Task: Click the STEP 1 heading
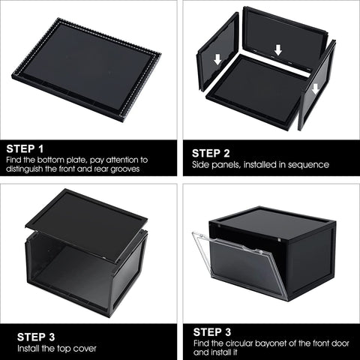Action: [25, 148]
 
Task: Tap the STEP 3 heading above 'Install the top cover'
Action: [25, 335]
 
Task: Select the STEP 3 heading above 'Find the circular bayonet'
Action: [213, 331]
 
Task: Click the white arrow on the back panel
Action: [278, 50]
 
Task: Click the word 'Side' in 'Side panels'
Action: [199, 164]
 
